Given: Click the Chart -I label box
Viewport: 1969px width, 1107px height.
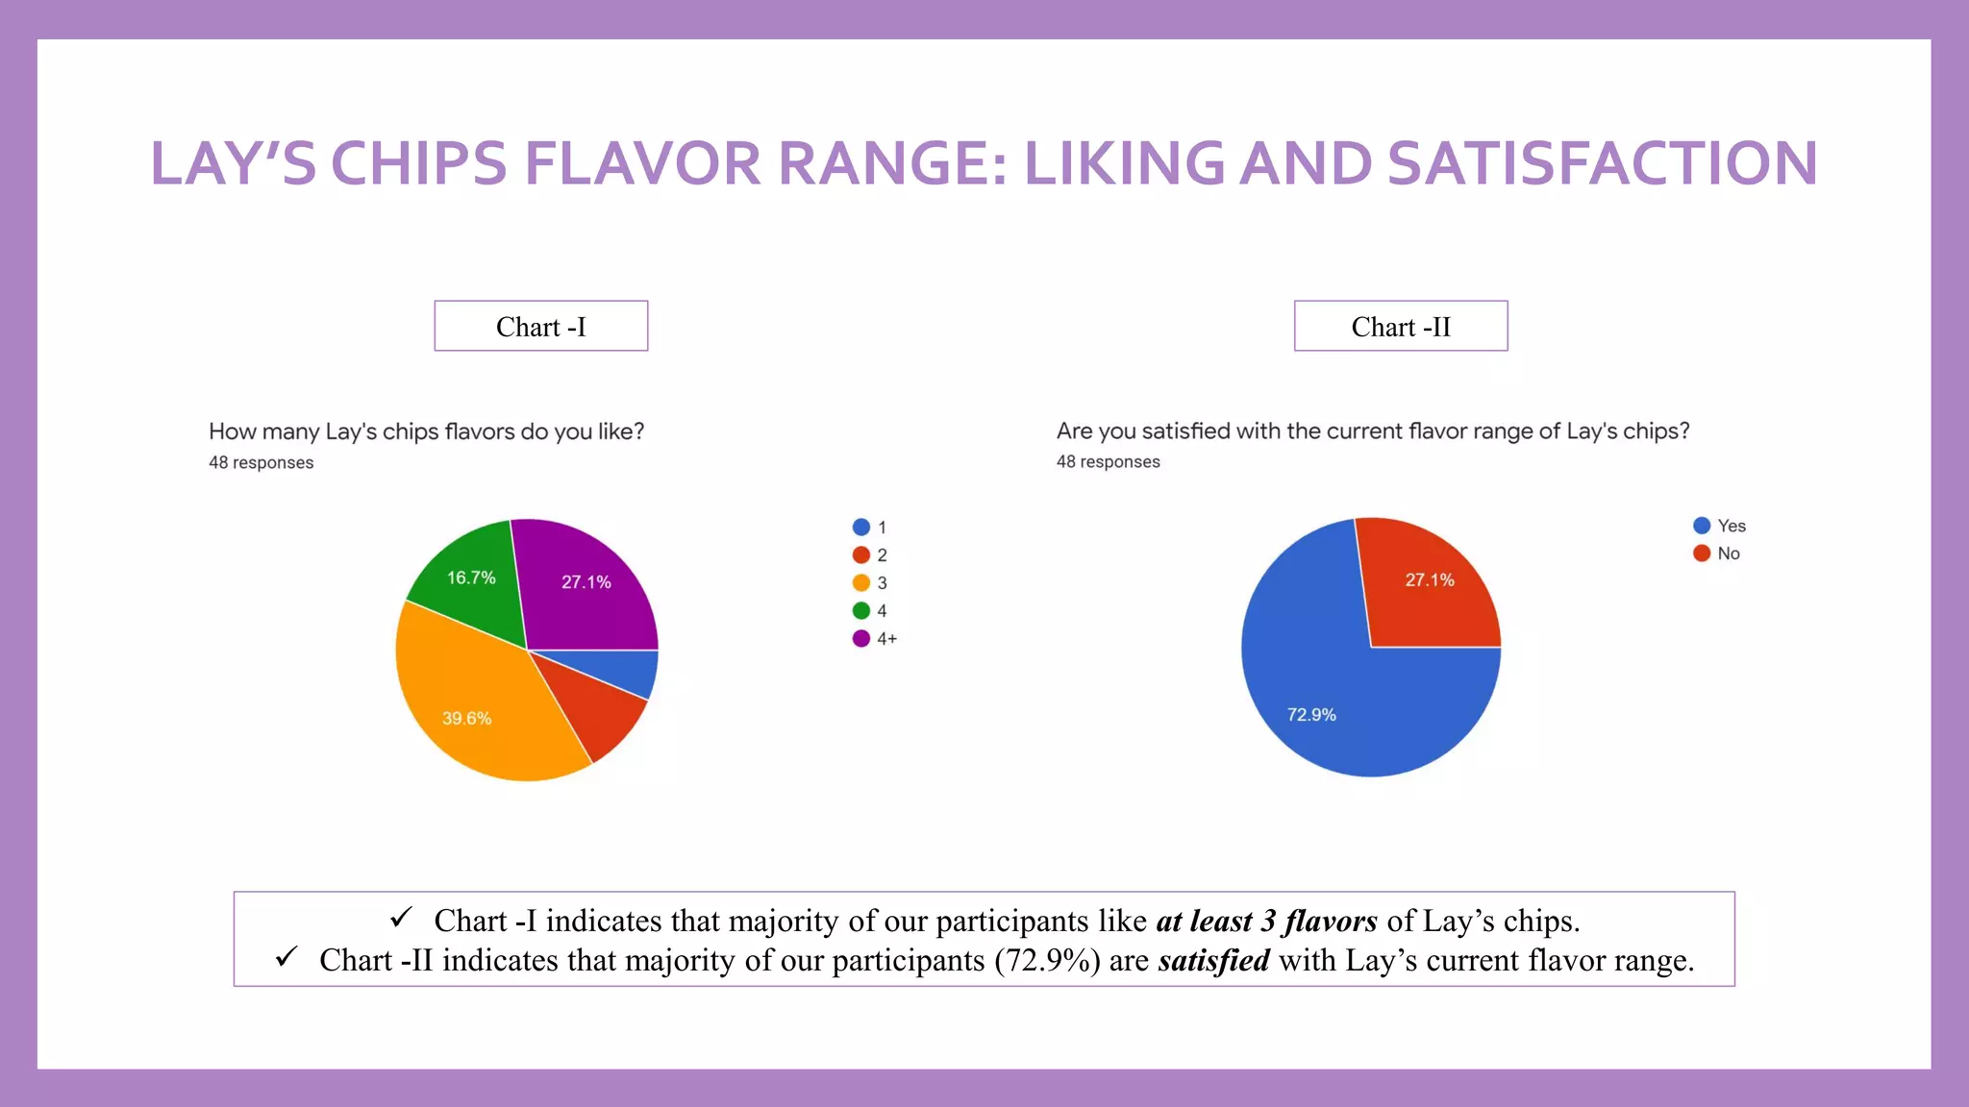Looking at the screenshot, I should pyautogui.click(x=540, y=327).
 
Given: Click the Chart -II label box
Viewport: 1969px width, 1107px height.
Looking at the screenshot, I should pyautogui.click(x=1400, y=327).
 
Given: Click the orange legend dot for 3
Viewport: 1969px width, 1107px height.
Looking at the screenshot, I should pyautogui.click(x=861, y=583).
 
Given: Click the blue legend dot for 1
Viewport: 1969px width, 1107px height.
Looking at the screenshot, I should pyautogui.click(x=861, y=528).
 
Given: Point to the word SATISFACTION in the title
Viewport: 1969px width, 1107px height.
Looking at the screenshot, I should pyautogui.click(x=1602, y=163).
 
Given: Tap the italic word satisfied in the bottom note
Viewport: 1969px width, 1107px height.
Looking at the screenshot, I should pyautogui.click(x=1213, y=961).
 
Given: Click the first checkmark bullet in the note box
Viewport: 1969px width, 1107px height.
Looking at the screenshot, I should pyautogui.click(x=401, y=918).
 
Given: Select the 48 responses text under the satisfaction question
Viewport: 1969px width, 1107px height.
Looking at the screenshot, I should pyautogui.click(x=1108, y=462).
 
